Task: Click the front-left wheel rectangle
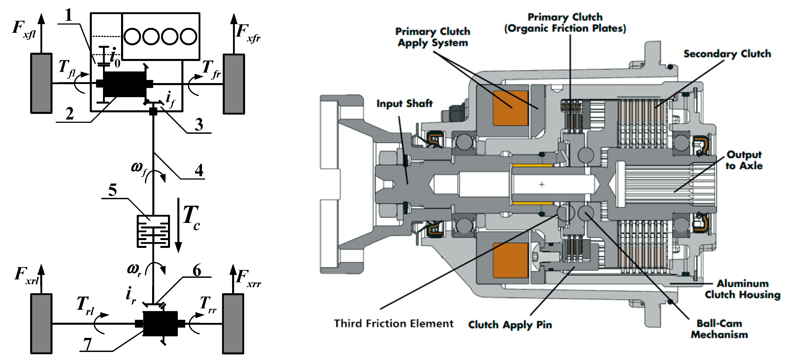click(x=41, y=83)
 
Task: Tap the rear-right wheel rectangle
click(x=233, y=324)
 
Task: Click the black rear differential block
click(x=160, y=324)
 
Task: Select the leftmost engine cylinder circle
click(x=132, y=36)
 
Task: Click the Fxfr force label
click(x=248, y=33)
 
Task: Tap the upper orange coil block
click(x=510, y=108)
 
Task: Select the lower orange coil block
click(x=510, y=260)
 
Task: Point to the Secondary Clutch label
click(x=727, y=54)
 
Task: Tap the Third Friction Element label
click(x=394, y=323)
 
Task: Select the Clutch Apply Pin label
click(x=510, y=324)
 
